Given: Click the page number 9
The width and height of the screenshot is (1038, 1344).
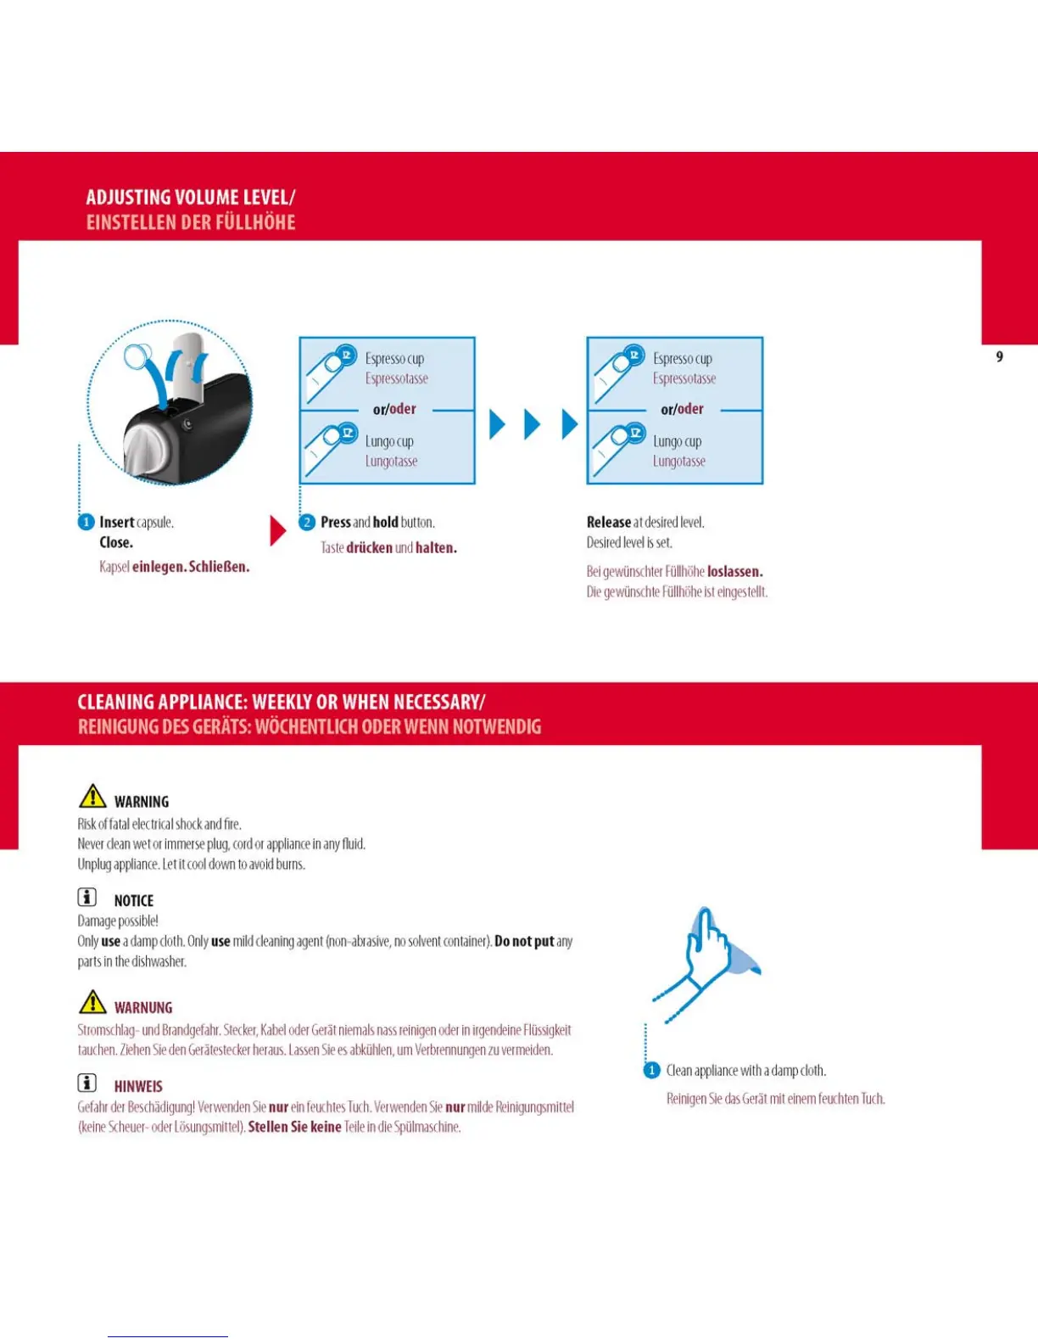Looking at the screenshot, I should (999, 357).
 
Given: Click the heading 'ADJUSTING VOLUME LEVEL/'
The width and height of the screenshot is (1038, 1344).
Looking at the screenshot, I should (190, 198).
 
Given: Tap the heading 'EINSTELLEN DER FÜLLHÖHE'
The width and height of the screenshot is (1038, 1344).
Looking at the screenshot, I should (190, 223).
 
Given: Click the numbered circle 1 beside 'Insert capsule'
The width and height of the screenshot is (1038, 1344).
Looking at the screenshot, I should (86, 522).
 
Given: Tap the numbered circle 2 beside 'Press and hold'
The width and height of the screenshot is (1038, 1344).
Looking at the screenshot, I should (307, 522).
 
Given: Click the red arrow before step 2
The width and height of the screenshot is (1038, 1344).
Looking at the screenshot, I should (277, 530).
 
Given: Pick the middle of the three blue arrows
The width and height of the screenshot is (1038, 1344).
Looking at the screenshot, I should (532, 424).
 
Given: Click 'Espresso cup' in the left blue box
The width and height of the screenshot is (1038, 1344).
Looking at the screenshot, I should (394, 359).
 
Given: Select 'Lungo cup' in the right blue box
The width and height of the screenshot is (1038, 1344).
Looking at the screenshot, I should (677, 441).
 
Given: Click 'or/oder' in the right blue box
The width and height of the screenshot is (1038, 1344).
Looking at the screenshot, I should (682, 409).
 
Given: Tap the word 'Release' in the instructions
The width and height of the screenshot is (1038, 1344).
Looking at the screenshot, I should (608, 522).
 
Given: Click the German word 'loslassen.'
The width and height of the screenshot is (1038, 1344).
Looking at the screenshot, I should (734, 572).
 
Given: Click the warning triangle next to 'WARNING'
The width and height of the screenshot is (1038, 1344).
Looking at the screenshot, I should (92, 797).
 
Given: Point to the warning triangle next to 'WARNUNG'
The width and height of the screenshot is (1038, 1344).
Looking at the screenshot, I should (92, 1003).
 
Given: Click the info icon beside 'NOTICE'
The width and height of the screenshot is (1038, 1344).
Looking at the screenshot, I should (86, 897).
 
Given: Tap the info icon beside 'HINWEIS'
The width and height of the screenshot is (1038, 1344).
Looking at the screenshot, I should (86, 1083).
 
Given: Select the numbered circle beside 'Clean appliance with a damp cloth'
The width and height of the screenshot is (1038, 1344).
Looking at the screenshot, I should (651, 1071).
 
